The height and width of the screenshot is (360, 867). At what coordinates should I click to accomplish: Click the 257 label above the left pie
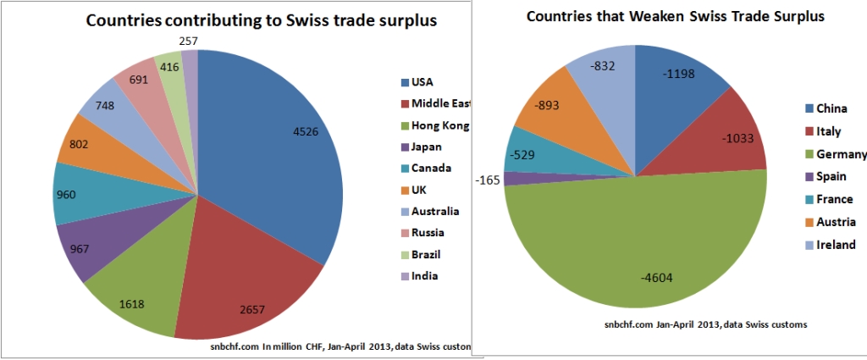(x=191, y=41)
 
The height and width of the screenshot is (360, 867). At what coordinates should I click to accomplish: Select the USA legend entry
(x=421, y=82)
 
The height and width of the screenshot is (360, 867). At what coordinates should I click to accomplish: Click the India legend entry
(x=424, y=275)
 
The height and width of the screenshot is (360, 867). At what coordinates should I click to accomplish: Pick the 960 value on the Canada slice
(x=66, y=194)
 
